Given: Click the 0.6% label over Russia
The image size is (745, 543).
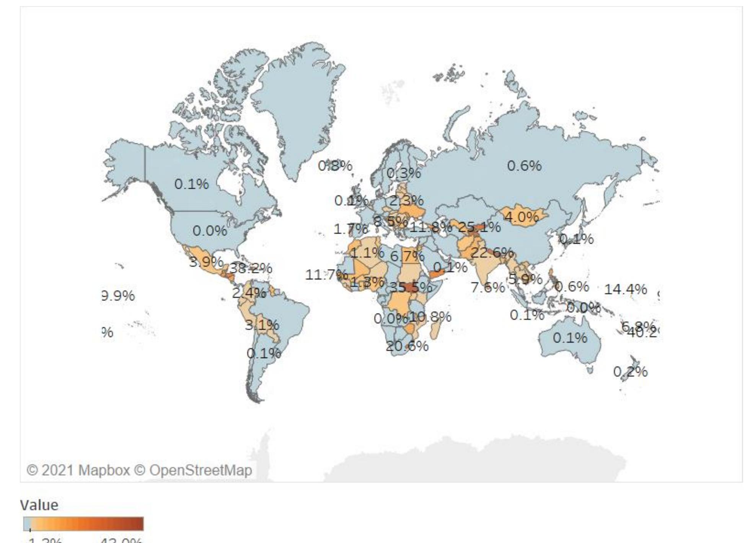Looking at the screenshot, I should pos(524,166).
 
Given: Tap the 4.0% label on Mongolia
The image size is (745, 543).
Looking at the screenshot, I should pos(522,218).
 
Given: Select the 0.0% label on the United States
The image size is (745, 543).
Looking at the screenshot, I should pos(210,231).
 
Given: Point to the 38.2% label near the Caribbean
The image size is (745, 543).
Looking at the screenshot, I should pos(251,268).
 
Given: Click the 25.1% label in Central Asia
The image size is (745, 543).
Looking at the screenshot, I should pos(479,227).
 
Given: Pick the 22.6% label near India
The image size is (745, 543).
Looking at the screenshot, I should pos(492,253).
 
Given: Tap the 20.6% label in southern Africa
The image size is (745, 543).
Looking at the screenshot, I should pos(407,346).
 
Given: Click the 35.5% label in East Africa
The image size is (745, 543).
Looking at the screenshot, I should pos(410,287).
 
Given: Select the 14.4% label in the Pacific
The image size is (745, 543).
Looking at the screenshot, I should pos(625,289).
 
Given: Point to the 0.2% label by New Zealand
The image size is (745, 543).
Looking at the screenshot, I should pos(630,371).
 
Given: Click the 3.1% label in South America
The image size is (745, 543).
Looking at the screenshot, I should pos(262,325).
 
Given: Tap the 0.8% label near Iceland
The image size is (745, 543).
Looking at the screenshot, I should pos(335,166).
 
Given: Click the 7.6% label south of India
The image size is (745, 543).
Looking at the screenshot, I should pos(487,287).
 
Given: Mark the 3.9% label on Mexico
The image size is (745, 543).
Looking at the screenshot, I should pos(206,262).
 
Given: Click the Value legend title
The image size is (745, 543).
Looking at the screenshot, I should pos(39,505).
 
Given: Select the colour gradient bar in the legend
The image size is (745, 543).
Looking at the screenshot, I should pos(83,523).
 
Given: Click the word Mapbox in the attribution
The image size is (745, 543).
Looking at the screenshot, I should pos(104,470).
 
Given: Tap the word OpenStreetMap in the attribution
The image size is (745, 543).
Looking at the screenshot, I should pos(201,470).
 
